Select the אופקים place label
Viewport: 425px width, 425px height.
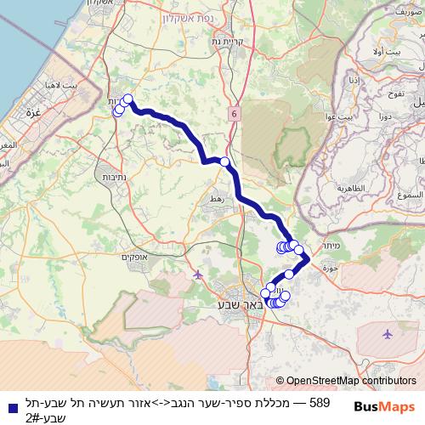tap(135, 257)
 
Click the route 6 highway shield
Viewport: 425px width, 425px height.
tap(232, 112)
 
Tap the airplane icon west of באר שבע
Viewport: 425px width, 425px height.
tap(198, 275)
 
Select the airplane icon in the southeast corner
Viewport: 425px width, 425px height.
tap(388, 334)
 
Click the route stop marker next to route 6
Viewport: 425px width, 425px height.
tap(224, 161)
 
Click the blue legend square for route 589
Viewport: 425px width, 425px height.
tap(13, 406)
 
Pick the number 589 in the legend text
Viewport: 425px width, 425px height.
tap(320, 402)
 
